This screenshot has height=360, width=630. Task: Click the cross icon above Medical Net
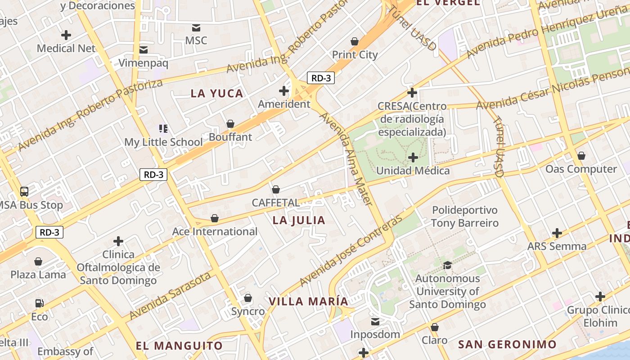click(x=66, y=35)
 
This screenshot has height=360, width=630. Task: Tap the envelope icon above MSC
click(x=196, y=27)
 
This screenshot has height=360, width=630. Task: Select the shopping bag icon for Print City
click(x=355, y=41)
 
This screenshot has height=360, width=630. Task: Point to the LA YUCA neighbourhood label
click(x=217, y=94)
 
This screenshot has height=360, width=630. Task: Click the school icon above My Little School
click(x=163, y=129)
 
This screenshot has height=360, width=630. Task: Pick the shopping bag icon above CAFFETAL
click(x=275, y=189)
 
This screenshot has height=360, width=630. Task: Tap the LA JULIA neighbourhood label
click(x=299, y=220)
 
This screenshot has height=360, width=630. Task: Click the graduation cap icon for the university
click(x=447, y=265)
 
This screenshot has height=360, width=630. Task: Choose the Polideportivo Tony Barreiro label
click(x=465, y=216)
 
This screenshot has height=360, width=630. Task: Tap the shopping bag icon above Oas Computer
click(x=581, y=156)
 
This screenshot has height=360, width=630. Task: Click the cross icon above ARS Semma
click(x=557, y=233)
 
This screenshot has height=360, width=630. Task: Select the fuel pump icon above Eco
click(x=40, y=303)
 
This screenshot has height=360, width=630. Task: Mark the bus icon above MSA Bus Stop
click(x=24, y=192)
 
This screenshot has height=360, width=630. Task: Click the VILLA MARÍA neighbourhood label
click(x=309, y=301)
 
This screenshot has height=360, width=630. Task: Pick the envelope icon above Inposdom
click(x=375, y=321)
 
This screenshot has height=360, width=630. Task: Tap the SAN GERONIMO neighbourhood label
click(x=507, y=345)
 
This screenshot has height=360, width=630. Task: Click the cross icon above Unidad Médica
click(x=413, y=157)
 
